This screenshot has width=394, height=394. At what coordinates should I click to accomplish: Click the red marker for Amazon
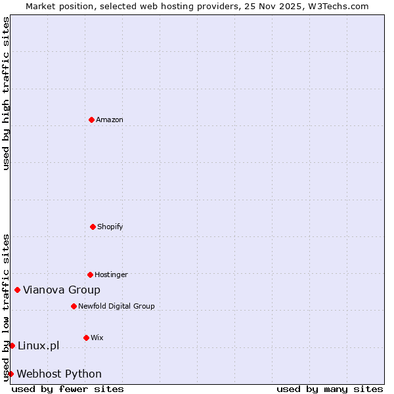tap(91, 120)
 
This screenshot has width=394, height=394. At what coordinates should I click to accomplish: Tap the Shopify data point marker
tap(93, 227)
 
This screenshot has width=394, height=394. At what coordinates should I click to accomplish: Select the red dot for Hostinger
tap(90, 274)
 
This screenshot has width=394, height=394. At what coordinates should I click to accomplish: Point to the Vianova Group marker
tap(17, 290)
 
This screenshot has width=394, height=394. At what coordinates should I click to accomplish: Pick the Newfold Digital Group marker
tap(74, 306)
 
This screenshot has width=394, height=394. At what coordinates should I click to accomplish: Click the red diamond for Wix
tap(86, 338)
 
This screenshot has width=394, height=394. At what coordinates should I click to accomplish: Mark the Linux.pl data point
tap(12, 345)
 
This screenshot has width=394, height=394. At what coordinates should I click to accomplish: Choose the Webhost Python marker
tap(11, 374)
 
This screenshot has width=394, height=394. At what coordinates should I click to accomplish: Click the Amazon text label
tap(110, 120)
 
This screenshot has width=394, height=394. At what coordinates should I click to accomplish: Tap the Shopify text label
tap(110, 227)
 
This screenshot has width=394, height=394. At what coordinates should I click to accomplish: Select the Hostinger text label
tap(111, 274)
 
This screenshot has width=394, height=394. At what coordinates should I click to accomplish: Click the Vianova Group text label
tap(62, 290)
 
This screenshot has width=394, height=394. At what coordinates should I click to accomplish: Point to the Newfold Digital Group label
tap(116, 306)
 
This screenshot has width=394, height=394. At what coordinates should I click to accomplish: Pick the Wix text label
tap(97, 338)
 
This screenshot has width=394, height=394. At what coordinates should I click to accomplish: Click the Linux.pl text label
tap(38, 345)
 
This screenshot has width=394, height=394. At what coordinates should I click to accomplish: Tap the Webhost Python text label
tap(59, 374)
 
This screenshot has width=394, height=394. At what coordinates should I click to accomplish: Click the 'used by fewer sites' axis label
tap(68, 389)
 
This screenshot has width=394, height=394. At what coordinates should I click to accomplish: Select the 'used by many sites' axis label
tap(330, 389)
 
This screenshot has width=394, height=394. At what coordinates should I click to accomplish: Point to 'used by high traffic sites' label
tap(6, 93)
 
